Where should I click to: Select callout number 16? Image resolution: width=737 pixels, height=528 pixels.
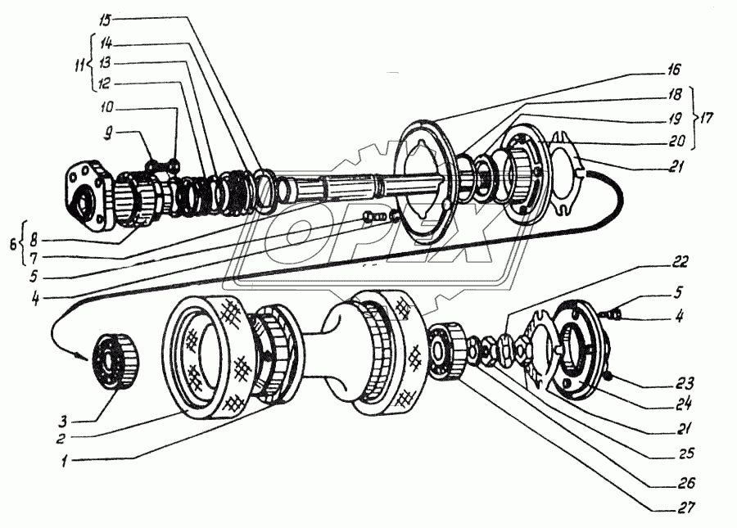click(x=673, y=70)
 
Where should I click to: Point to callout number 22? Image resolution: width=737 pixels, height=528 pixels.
click(x=680, y=262)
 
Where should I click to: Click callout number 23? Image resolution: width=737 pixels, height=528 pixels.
click(x=686, y=381)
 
